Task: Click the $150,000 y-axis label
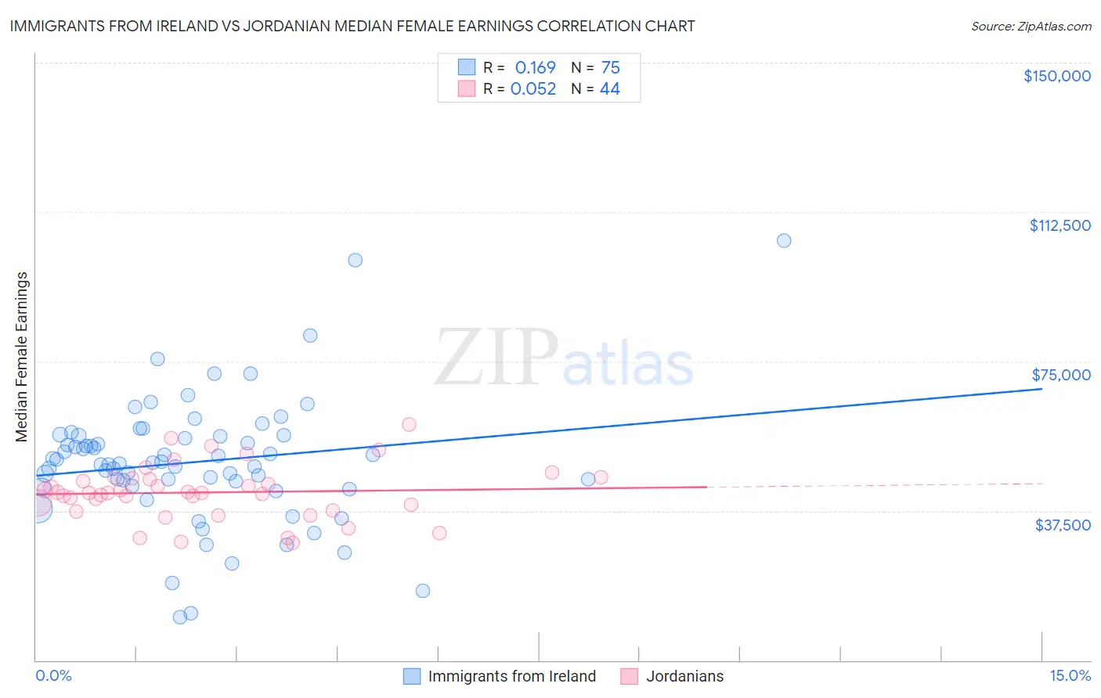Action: pos(1056,76)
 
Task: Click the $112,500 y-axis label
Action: pos(1059,225)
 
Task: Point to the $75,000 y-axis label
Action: pos(1061,375)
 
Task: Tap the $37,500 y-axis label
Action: pos(1063,525)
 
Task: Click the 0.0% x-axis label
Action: pos(53,676)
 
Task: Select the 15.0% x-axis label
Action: pos(1070,676)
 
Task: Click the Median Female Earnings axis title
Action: pos(22,357)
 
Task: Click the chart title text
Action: pos(352,26)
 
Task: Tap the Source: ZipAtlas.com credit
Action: pos(1031,27)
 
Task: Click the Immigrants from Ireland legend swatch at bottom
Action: pos(412,676)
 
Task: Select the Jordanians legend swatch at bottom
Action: pos(629,676)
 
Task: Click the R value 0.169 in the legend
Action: pos(535,68)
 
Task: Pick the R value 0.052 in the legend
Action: pos(533,89)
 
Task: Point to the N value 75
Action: pos(610,68)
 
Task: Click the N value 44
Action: pos(609,89)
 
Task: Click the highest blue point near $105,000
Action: pos(784,240)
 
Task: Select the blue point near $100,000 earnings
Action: pos(355,260)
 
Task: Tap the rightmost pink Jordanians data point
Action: pos(601,477)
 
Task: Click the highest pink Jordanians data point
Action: pos(409,424)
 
